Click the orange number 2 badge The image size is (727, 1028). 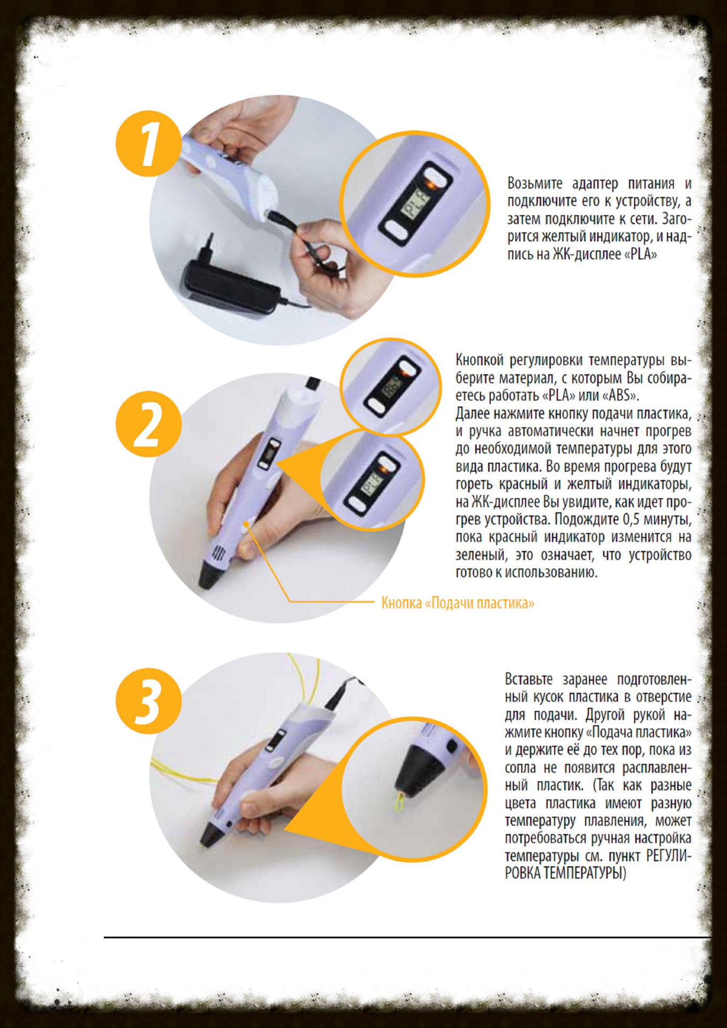[148, 424]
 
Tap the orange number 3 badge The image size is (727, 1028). [148, 701]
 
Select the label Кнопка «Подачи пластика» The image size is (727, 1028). [458, 603]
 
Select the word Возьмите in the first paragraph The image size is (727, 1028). [535, 184]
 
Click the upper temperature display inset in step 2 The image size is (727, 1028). [391, 385]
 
